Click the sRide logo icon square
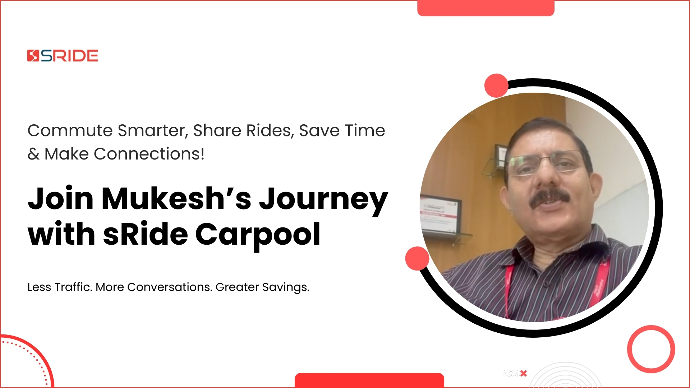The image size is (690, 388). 33,56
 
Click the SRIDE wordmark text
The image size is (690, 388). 69,56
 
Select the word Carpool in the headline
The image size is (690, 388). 258,234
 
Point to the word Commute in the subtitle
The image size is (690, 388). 70,130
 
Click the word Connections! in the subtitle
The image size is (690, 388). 149,154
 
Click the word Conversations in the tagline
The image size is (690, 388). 169,287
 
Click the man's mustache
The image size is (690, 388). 550,198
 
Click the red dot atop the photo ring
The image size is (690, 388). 496,86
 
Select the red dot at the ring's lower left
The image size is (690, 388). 417,258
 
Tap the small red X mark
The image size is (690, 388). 524,373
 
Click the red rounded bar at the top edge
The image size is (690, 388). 486,8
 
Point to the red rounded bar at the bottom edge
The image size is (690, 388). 369,380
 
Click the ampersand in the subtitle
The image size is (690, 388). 33,154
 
